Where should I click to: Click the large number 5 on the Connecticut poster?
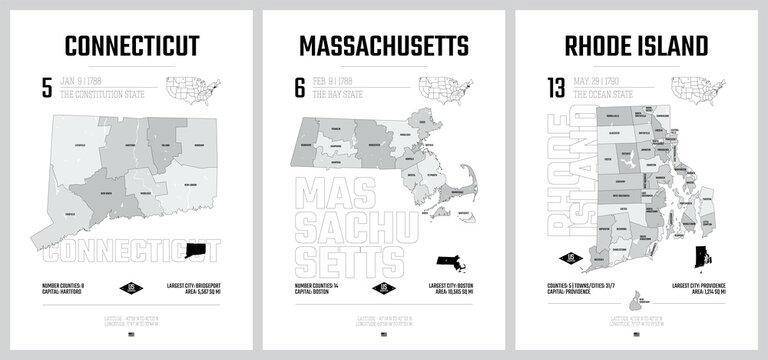coord(46,87)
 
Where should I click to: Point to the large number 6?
coord(299,87)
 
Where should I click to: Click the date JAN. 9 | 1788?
coord(85,79)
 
